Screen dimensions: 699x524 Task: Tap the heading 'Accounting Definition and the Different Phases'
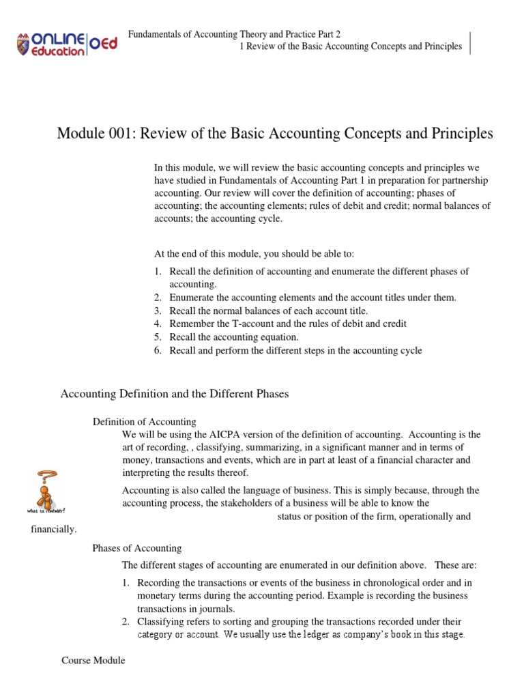[175, 394]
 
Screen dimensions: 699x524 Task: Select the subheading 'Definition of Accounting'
[144, 422]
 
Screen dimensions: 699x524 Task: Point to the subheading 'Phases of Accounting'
[136, 548]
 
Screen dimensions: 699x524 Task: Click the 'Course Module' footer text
[93, 661]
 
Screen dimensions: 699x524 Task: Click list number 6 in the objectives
[157, 351]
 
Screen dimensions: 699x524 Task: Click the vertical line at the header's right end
[470, 43]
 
